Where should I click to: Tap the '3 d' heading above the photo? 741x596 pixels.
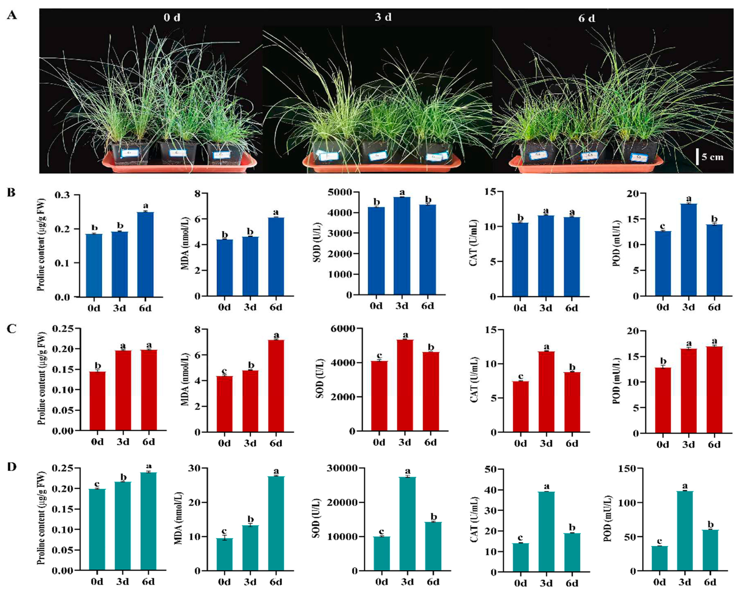click(x=383, y=17)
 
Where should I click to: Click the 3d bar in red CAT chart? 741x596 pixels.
click(x=546, y=391)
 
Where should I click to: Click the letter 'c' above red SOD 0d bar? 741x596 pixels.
click(x=380, y=355)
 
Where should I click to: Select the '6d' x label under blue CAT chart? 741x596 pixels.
click(x=572, y=308)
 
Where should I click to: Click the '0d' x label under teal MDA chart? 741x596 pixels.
click(x=224, y=582)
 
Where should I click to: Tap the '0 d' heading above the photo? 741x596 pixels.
click(x=172, y=17)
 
